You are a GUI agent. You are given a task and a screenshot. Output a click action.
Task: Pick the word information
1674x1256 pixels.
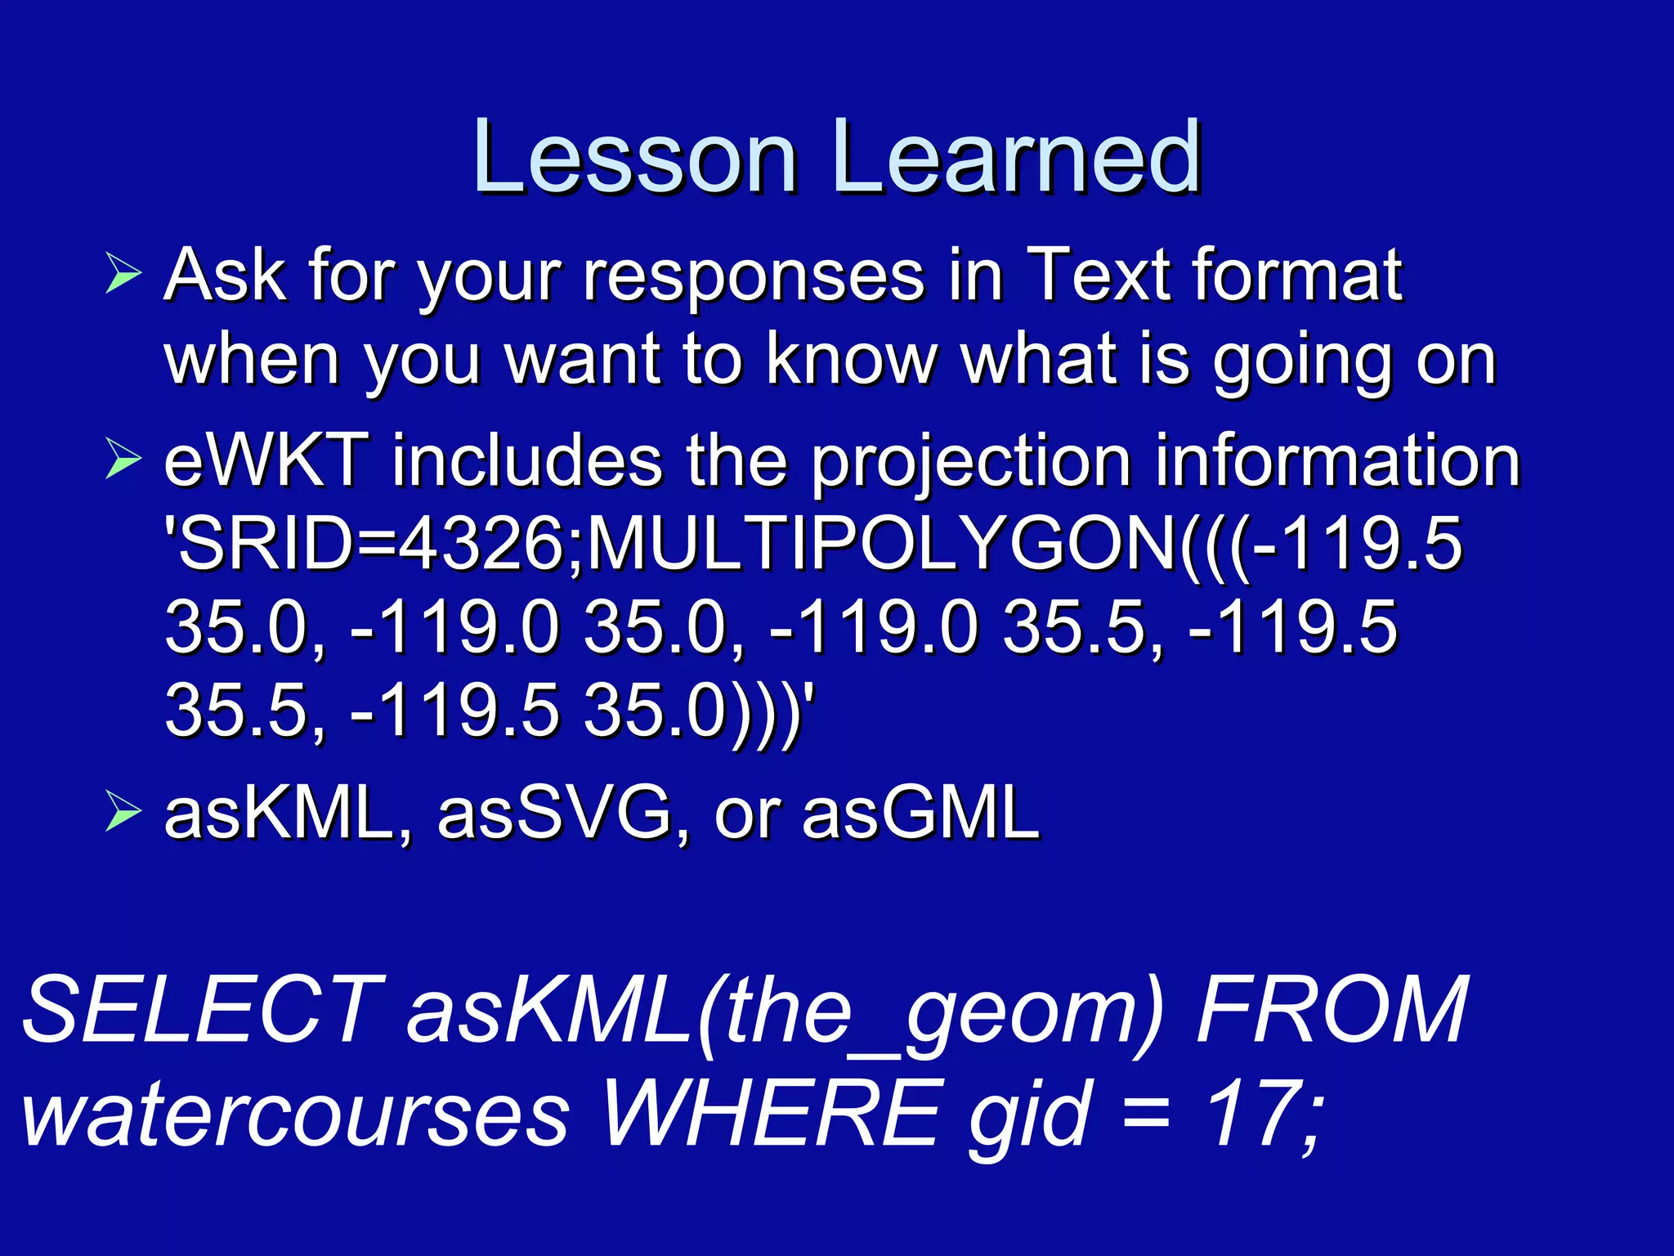pyautogui.click(x=1336, y=461)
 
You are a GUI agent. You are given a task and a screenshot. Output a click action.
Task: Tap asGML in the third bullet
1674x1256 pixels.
pyautogui.click(x=920, y=814)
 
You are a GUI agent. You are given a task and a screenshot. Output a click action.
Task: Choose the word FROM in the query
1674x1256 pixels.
pyautogui.click(x=1332, y=1011)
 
